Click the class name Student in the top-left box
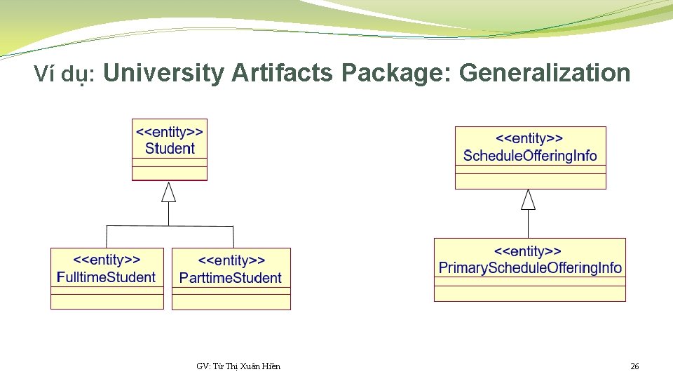point(170,149)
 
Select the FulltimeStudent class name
point(107,277)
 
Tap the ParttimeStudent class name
point(231,278)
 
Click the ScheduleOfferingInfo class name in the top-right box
point(530,156)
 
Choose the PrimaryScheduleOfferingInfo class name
point(530,268)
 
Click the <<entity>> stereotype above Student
point(170,132)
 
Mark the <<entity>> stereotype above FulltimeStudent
point(107,260)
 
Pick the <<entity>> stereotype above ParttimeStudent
point(231,261)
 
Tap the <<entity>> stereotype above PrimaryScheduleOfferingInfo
point(530,251)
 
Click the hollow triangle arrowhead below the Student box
point(168,192)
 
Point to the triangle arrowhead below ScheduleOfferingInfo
point(528,200)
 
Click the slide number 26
point(634,366)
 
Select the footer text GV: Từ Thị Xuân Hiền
point(238,366)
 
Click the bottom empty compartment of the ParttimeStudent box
point(231,302)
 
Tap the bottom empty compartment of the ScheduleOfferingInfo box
point(530,181)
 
